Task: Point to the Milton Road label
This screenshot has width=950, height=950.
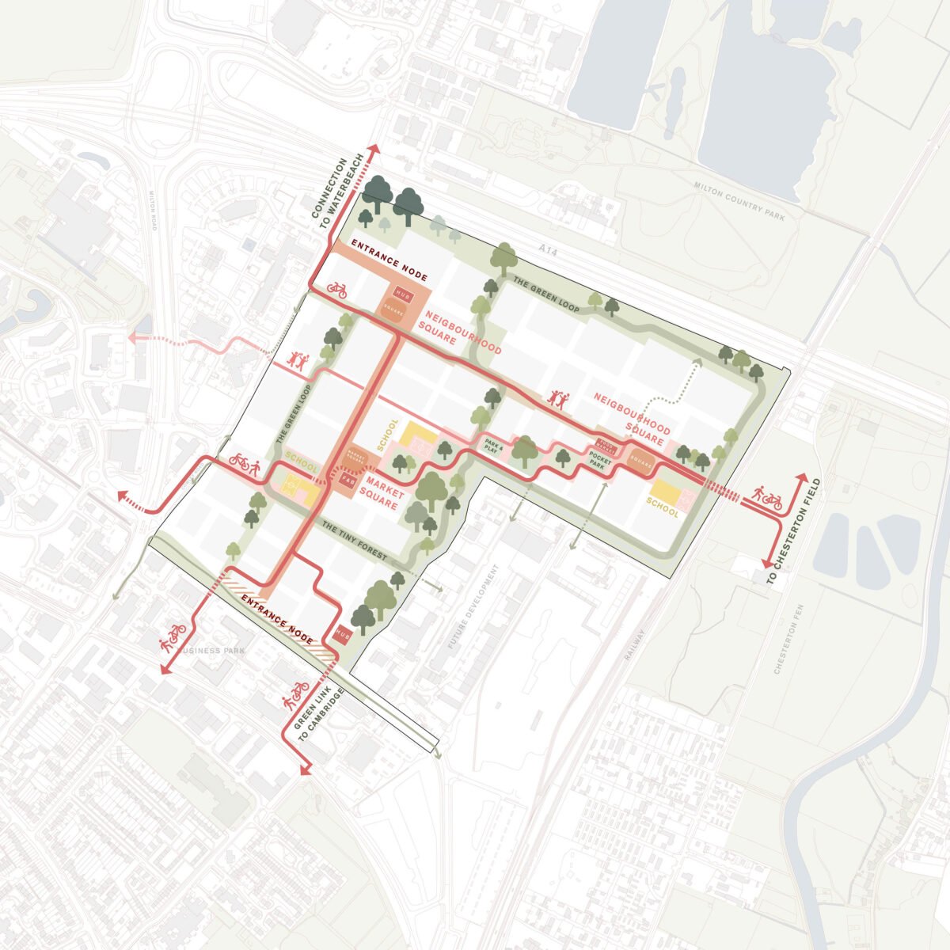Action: [154, 215]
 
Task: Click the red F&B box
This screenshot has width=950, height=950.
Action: [347, 480]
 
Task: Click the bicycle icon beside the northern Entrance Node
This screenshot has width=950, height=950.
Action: [337, 290]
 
